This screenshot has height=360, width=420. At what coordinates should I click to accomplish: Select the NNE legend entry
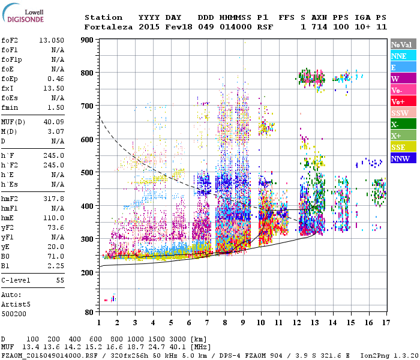pyautogui.click(x=402, y=56)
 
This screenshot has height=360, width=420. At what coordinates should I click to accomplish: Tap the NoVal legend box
pyautogui.click(x=402, y=44)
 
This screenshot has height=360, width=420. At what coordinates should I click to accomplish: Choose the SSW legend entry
pyautogui.click(x=402, y=113)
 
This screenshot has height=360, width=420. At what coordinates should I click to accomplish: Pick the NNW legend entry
pyautogui.click(x=402, y=158)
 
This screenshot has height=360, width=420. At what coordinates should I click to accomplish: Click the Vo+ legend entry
pyautogui.click(x=402, y=101)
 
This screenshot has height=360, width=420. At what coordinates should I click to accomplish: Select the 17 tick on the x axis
pyautogui.click(x=385, y=323)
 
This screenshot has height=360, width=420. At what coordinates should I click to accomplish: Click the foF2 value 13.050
pyautogui.click(x=52, y=40)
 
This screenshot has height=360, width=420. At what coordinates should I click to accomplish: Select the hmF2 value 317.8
pyautogui.click(x=54, y=198)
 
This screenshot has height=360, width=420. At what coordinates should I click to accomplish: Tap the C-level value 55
pyautogui.click(x=59, y=280)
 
